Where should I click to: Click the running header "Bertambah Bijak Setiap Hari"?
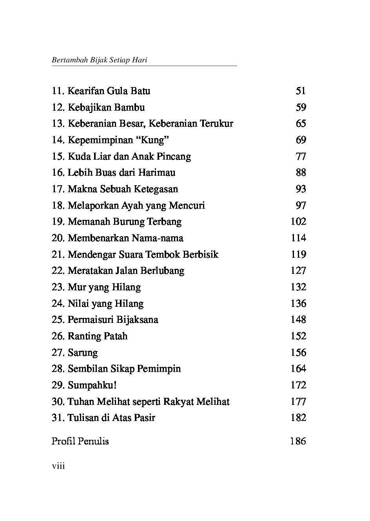(99, 60)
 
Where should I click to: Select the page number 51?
(301, 91)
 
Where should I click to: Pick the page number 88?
(301, 173)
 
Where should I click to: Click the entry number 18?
(58, 206)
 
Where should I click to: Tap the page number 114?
(298, 238)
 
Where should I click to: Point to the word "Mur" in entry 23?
(77, 287)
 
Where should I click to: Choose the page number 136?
(298, 304)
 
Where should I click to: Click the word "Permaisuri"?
(91, 320)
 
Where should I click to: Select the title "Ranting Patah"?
(98, 336)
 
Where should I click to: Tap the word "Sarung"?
(83, 353)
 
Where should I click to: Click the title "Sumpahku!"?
(92, 385)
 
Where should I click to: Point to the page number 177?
(298, 402)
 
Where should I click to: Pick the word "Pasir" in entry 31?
(145, 418)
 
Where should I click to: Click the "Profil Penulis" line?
(80, 441)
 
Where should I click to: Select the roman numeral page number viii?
(58, 466)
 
